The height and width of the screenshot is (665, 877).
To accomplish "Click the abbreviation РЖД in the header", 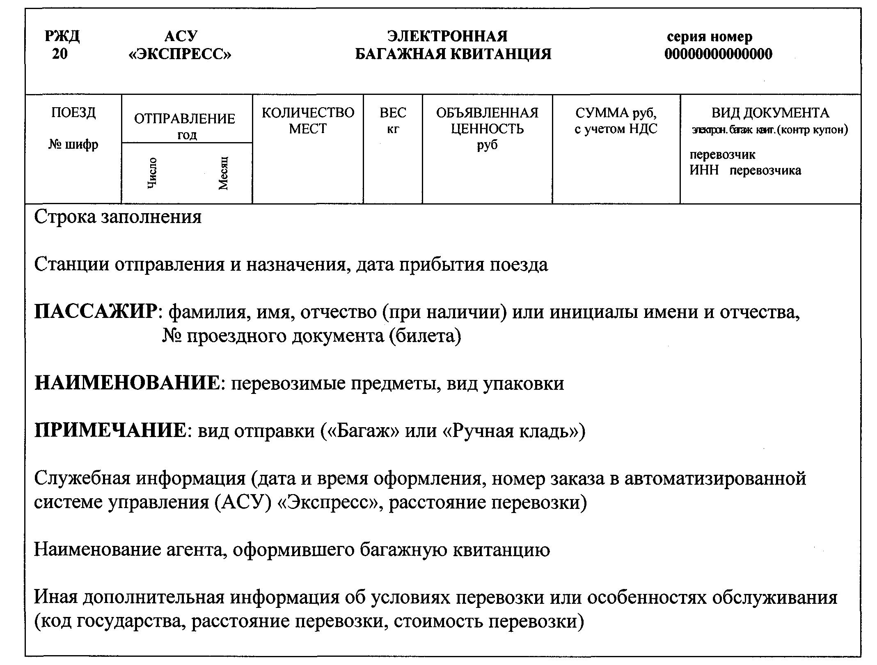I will click(x=62, y=37).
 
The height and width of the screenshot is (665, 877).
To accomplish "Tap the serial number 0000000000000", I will click(x=718, y=54).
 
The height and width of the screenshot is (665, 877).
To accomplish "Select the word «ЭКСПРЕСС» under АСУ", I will click(x=180, y=54).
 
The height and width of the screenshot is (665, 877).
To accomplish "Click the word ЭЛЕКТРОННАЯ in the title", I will click(x=447, y=37).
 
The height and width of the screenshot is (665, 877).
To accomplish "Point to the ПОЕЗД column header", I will click(x=73, y=113).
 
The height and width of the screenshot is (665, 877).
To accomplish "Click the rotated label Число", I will click(x=151, y=173).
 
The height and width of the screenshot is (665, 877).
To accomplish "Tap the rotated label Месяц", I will click(x=223, y=173).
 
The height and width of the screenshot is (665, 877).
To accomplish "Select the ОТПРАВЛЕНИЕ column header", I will click(x=185, y=119).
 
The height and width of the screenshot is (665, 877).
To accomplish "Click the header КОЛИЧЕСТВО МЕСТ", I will click(x=308, y=120).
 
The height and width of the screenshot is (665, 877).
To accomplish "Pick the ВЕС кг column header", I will click(x=393, y=120).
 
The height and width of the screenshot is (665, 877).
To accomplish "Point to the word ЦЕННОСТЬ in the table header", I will click(x=487, y=129).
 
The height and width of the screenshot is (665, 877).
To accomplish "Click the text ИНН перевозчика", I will click(x=745, y=170).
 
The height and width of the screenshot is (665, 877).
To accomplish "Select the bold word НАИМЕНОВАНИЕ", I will click(x=127, y=384).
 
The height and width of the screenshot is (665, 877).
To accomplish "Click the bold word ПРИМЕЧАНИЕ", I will click(x=110, y=431).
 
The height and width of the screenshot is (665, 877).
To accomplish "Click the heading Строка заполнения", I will click(x=118, y=217).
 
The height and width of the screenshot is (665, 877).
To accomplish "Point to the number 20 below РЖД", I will click(x=60, y=54).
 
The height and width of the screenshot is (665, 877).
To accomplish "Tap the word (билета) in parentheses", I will click(x=425, y=336).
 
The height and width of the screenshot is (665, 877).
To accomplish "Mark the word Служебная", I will click(x=82, y=479).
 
